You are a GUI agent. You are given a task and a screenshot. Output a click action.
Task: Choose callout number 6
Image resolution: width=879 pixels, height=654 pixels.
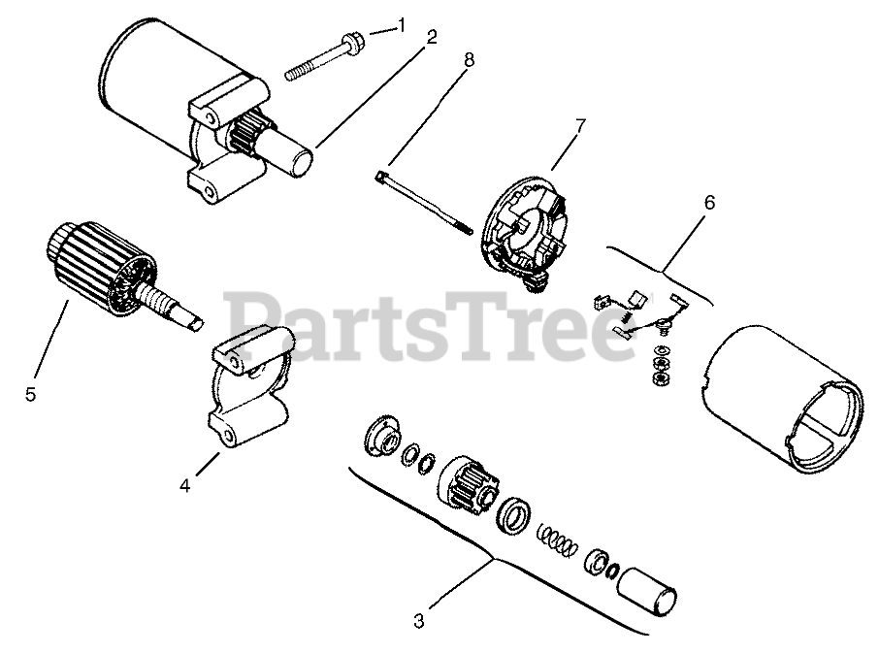click(x=709, y=203)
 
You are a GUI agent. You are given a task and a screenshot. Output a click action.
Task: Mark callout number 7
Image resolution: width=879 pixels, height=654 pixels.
click(x=580, y=126)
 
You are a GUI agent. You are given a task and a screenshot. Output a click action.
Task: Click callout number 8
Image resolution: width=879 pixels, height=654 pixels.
click(x=470, y=60)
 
